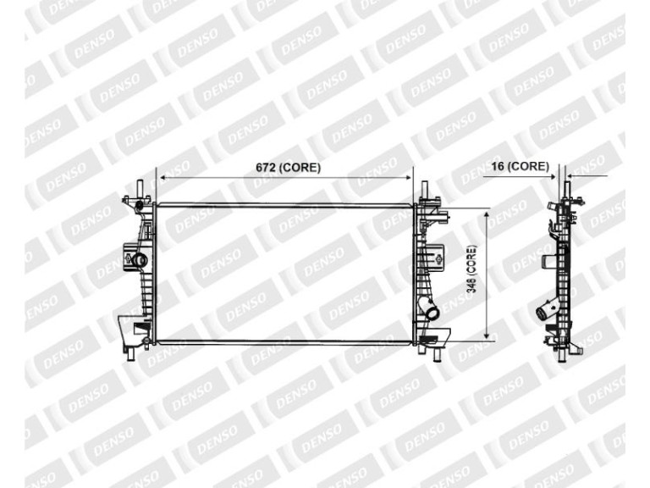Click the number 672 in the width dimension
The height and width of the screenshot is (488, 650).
[x=266, y=167]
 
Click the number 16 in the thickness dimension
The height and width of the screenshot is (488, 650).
[x=498, y=166]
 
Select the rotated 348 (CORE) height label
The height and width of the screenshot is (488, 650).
[x=471, y=269]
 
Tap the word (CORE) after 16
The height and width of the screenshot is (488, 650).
[x=528, y=166]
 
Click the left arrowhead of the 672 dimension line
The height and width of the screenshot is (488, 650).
[x=162, y=178]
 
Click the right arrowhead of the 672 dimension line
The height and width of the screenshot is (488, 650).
[x=408, y=178]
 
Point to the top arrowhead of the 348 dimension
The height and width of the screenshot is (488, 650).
[x=487, y=213]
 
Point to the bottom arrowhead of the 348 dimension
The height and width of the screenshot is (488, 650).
[x=487, y=335]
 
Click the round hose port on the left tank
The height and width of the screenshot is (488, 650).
[x=139, y=260]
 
